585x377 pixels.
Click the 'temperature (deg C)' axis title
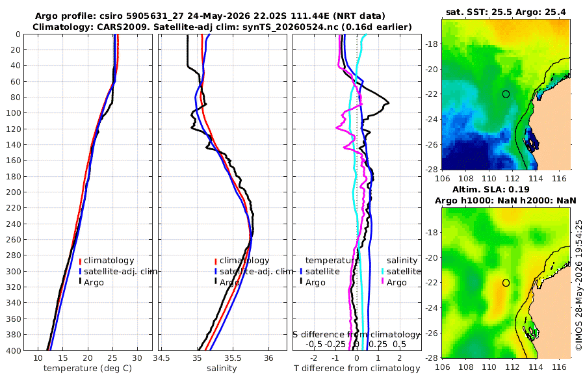(88, 369)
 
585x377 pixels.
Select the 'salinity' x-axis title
(222, 369)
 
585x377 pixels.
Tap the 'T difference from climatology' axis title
(357, 369)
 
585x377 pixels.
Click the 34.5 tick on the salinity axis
(162, 358)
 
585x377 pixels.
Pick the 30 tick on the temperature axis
(137, 358)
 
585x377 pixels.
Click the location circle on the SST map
(506, 94)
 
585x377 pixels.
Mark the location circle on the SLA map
(506, 283)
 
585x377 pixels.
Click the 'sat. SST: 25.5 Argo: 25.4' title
(506, 12)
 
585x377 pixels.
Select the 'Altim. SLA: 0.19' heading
(491, 189)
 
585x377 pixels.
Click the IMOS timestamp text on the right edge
(579, 285)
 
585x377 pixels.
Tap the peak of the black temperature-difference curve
(389, 103)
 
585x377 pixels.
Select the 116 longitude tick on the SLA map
(559, 367)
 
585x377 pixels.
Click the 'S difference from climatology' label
(356, 334)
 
